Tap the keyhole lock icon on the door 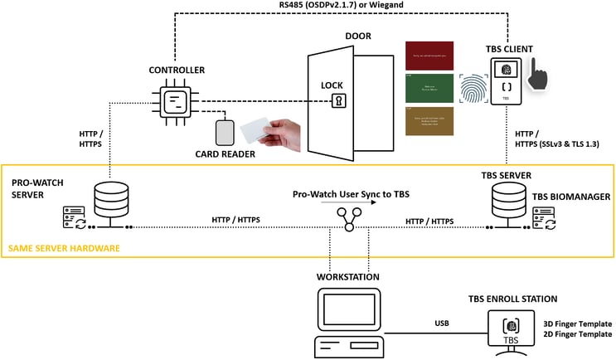338,101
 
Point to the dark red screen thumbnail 428,56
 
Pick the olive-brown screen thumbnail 428,121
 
